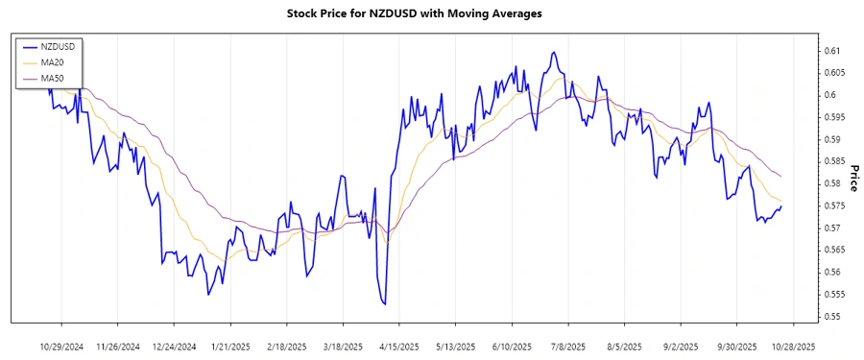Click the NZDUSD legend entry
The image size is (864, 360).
[x=54, y=45]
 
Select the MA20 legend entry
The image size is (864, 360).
[x=50, y=61]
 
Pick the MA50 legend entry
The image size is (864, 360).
[x=50, y=77]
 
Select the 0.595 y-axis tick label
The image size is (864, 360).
[x=831, y=117]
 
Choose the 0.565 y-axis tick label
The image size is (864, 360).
[x=831, y=250]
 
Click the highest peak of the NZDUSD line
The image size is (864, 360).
[x=554, y=52]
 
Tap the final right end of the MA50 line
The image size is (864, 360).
[x=781, y=177]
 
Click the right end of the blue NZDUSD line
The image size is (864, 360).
[x=781, y=206]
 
